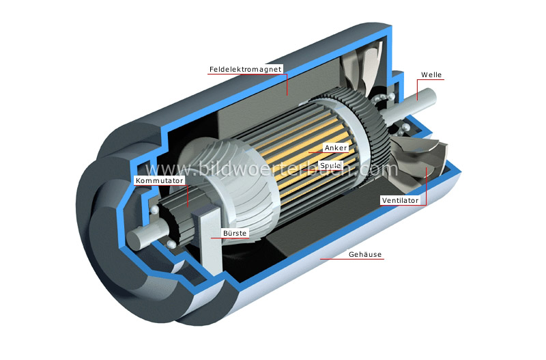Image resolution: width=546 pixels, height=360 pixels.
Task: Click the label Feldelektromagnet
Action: pyautogui.click(x=246, y=70)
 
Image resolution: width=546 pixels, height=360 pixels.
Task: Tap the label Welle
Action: pyautogui.click(x=432, y=74)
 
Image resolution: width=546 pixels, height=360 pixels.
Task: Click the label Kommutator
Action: pyautogui.click(x=160, y=180)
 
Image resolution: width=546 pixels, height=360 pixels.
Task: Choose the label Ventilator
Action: pyautogui.click(x=401, y=201)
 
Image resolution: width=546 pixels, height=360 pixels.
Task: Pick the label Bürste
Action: pyautogui.click(x=234, y=233)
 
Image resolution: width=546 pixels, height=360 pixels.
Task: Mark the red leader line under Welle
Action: pyautogui.click(x=418, y=89)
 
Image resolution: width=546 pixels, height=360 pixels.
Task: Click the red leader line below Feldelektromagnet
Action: pyautogui.click(x=287, y=82)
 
